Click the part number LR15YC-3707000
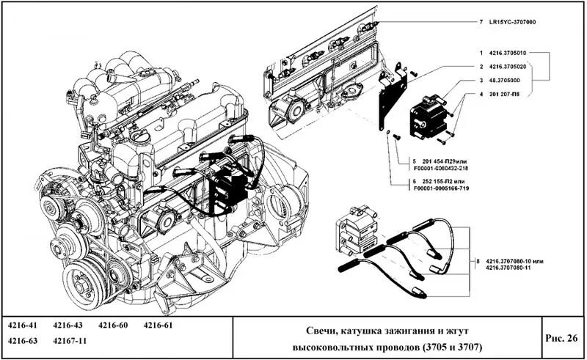[x=511, y=23]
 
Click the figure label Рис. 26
[x=561, y=337]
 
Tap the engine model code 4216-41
[x=23, y=325]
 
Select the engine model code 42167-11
[x=70, y=341]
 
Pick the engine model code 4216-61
[x=158, y=325]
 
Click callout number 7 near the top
[x=480, y=23]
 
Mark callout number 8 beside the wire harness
[x=478, y=260]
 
